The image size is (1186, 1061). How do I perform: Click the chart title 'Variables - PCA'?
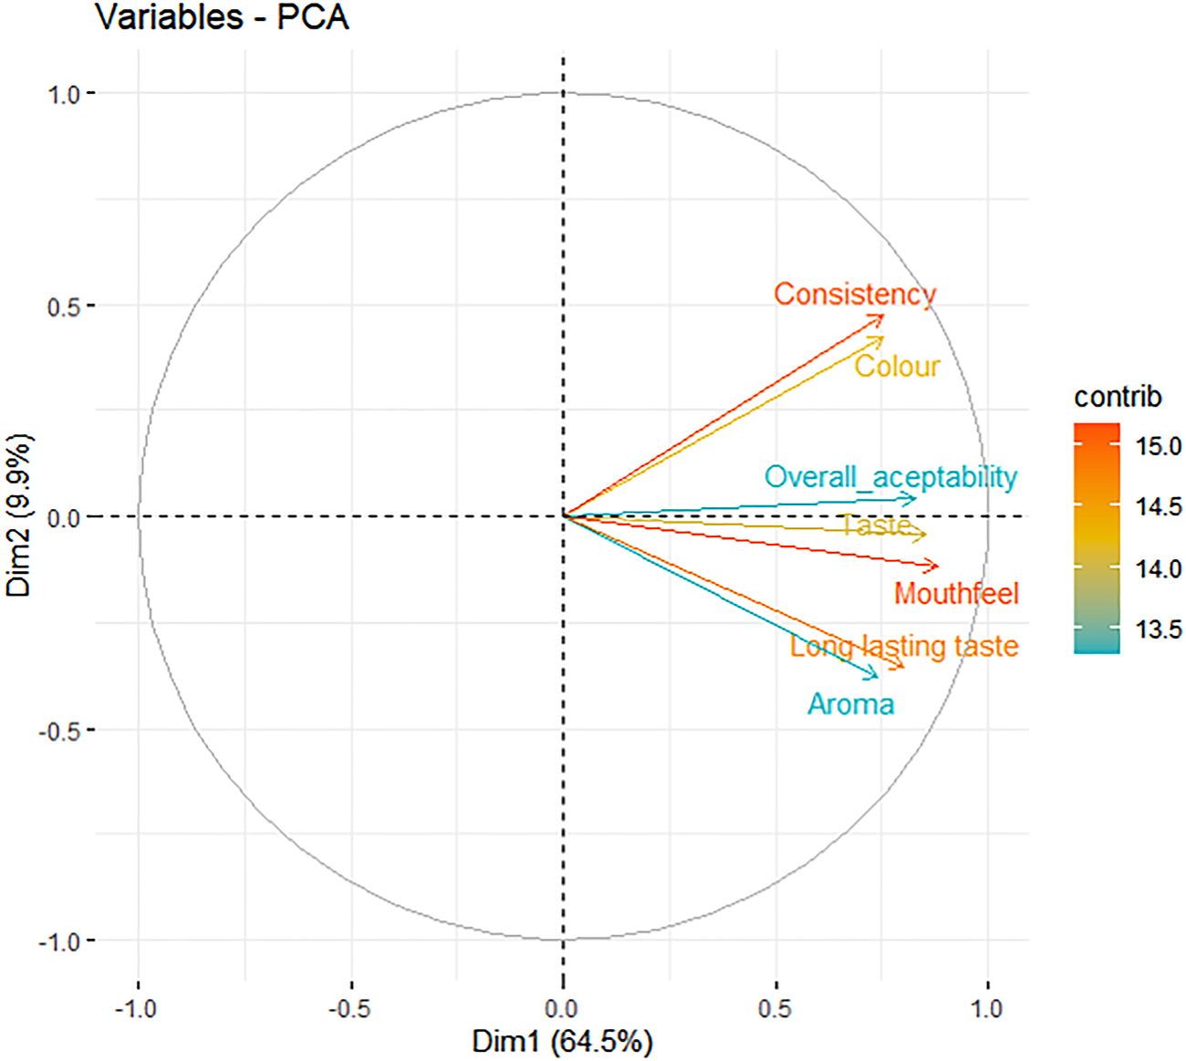(222, 17)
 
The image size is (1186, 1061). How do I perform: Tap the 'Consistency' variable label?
(855, 294)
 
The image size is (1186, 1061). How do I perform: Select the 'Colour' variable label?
(897, 366)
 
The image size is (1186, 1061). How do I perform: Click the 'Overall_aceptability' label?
(890, 476)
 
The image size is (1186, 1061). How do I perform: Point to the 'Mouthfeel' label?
(956, 594)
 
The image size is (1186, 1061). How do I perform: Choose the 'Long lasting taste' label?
(903, 646)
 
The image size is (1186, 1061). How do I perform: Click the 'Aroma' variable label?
(850, 704)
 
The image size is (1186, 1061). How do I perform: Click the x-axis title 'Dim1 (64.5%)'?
(562, 1042)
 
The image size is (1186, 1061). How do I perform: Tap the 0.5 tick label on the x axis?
(775, 1008)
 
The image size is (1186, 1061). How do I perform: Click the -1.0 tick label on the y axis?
(59, 941)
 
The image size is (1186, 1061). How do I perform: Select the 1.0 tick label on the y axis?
(64, 93)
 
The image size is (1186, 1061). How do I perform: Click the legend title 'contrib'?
(1118, 397)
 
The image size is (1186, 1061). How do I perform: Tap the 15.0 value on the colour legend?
(1158, 446)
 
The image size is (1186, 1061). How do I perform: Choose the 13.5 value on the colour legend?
(1158, 629)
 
